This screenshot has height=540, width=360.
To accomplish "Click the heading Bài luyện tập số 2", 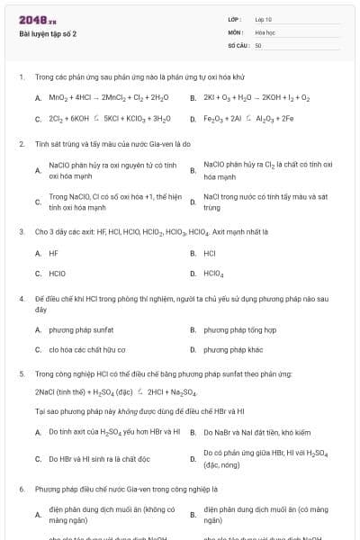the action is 48,33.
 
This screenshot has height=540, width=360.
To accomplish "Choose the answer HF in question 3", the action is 53,253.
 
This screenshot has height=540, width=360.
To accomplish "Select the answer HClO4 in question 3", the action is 213,273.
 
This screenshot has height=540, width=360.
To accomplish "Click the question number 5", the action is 21,372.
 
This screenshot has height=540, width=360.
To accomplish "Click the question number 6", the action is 21,490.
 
